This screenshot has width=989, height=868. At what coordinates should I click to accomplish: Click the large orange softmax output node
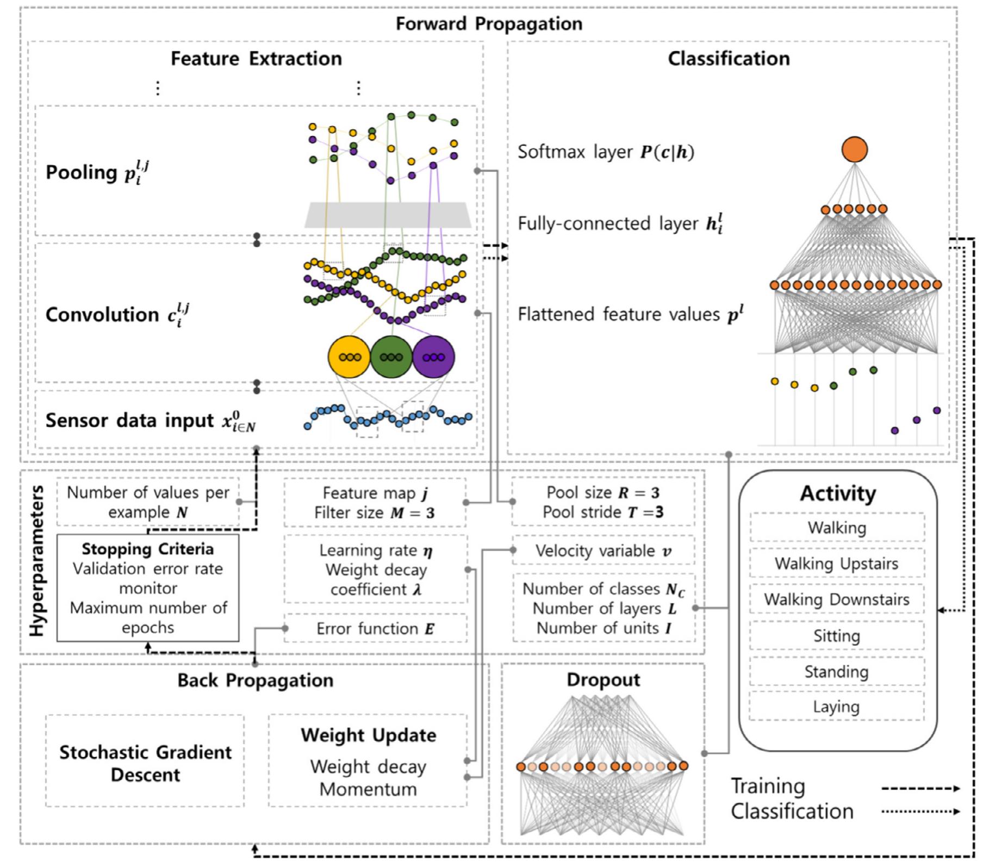[854, 149]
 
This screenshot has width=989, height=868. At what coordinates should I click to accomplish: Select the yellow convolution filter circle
[349, 357]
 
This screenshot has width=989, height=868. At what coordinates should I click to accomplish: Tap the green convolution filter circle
[391, 357]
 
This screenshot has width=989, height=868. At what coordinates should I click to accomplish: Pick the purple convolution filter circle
[433, 357]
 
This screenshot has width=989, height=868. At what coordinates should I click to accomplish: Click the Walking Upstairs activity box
[836, 564]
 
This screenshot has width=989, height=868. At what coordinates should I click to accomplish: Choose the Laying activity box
[836, 707]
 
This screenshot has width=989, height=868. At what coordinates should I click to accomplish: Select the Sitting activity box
[836, 635]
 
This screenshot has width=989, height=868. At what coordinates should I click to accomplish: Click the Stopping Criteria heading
[147, 549]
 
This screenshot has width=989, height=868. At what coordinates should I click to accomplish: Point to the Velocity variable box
[603, 551]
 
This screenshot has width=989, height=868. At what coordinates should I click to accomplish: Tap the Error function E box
[375, 629]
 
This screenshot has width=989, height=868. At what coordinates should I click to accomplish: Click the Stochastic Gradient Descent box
[145, 763]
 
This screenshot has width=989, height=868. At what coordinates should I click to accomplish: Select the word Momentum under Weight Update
[368, 789]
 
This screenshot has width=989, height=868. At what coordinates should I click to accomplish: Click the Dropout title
[603, 680]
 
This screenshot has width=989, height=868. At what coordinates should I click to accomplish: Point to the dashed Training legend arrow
[920, 788]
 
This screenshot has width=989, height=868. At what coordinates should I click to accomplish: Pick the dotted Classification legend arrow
[920, 811]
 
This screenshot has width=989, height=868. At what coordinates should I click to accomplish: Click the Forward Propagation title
[489, 24]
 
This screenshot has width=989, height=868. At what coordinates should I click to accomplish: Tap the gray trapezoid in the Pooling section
[387, 215]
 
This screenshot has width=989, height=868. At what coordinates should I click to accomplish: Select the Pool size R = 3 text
[603, 493]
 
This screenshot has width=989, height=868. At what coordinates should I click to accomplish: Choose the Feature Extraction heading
[256, 59]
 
